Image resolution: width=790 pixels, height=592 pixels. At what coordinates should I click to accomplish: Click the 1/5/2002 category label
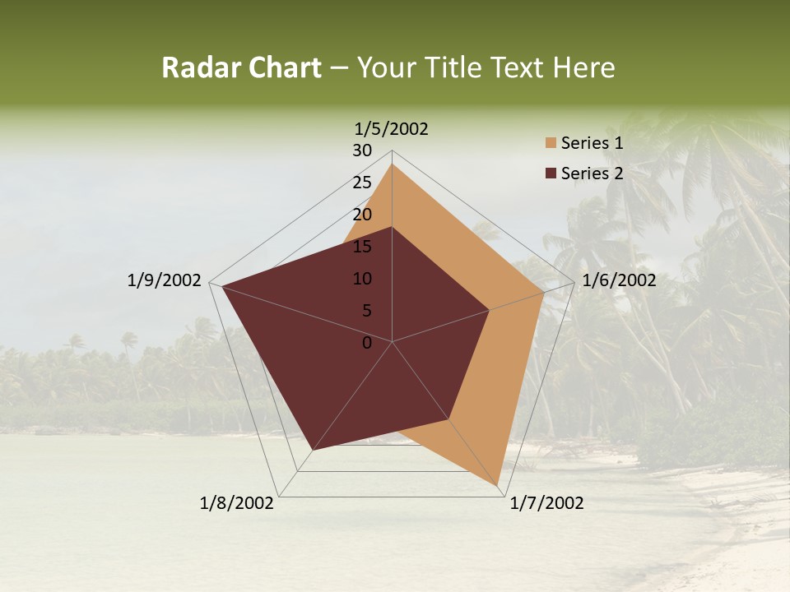[x=392, y=128]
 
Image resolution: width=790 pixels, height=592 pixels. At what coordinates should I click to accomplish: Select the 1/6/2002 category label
[x=619, y=280]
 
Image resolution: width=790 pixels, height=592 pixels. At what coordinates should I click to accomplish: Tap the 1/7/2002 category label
[x=546, y=503]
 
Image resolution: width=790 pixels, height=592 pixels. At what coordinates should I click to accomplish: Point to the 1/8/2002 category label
[x=237, y=503]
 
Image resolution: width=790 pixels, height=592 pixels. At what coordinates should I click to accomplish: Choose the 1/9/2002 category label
[x=165, y=280]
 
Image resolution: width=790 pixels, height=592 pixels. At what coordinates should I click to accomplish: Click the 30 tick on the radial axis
[x=362, y=150]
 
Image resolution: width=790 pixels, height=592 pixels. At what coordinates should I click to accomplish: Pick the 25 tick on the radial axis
[x=362, y=183]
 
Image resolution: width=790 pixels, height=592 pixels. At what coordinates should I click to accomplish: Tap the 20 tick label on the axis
[x=362, y=215]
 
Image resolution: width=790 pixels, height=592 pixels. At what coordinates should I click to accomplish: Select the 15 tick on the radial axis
[x=362, y=247]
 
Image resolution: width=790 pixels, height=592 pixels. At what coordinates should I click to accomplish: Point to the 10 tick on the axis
[x=362, y=279]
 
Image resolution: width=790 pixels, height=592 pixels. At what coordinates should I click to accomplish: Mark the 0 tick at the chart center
[x=367, y=343]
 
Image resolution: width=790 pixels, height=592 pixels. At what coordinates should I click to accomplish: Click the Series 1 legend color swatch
[x=551, y=143]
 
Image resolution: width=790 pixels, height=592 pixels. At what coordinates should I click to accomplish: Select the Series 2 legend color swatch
[x=551, y=173]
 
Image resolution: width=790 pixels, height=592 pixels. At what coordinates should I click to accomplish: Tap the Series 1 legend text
[x=592, y=143]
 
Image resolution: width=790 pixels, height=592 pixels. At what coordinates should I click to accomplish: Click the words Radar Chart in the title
[x=241, y=67]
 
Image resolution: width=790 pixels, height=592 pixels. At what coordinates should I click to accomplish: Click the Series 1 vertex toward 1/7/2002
[x=499, y=485]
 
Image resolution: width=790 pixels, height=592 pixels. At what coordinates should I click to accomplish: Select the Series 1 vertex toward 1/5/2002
[x=392, y=164]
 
